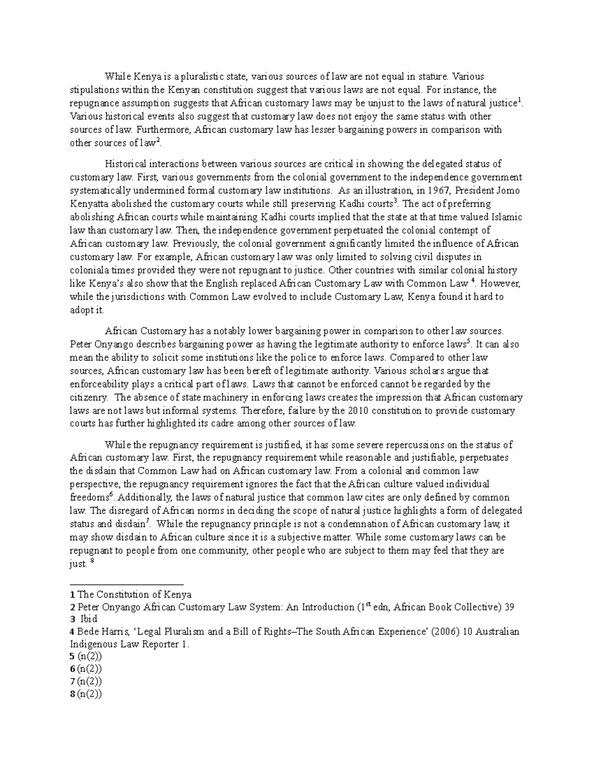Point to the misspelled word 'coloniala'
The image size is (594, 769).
[89, 270]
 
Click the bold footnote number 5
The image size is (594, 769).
[72, 657]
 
